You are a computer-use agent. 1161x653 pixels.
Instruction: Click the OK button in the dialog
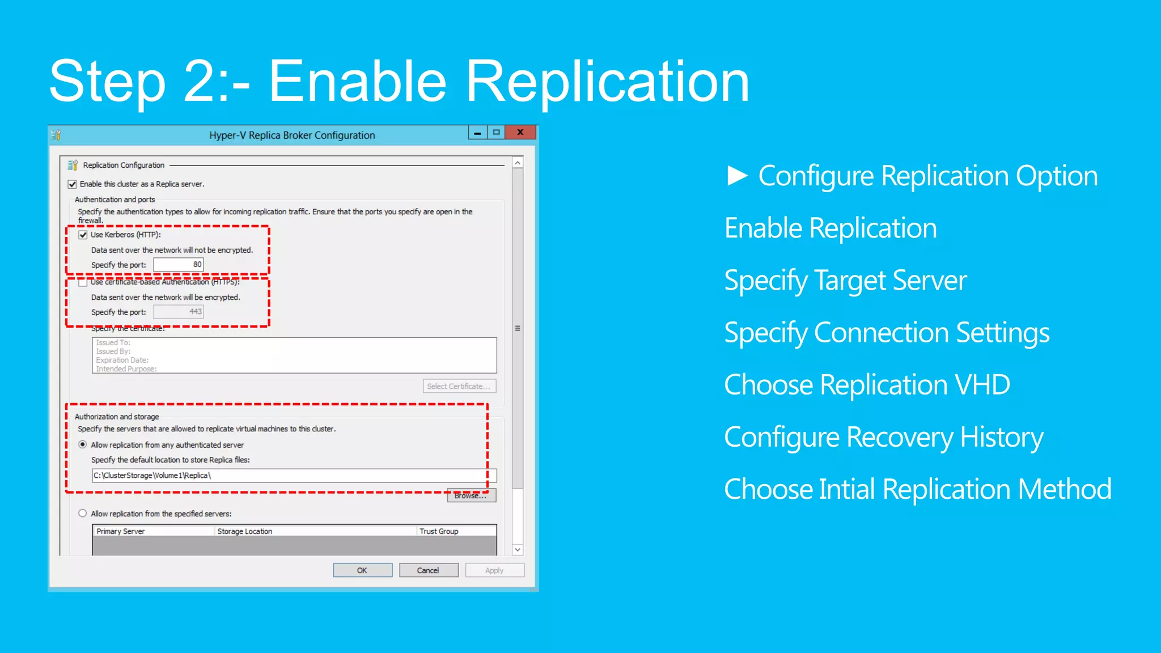coord(362,570)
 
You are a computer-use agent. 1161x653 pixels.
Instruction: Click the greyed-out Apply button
coord(494,570)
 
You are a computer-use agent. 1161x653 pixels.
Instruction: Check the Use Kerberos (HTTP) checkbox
coord(83,235)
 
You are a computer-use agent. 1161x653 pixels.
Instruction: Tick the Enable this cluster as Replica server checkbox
coord(73,184)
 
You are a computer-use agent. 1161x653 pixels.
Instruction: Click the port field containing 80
coord(178,265)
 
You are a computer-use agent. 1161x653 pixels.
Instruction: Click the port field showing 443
coord(178,312)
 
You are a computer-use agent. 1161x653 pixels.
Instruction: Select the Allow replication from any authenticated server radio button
coord(83,445)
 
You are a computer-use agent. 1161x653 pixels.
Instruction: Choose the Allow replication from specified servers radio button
coord(83,514)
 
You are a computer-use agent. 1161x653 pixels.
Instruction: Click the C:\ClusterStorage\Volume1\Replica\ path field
coord(294,476)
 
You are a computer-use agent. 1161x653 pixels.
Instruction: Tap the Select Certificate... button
coord(459,386)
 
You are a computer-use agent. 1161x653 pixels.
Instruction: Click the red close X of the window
coord(520,133)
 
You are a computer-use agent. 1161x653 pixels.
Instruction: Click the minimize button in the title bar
coord(478,133)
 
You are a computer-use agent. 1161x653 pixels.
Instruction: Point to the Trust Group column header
coord(439,531)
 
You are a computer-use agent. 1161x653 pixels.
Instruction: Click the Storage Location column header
coord(245,531)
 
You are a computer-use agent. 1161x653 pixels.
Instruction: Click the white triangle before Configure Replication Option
coord(737,176)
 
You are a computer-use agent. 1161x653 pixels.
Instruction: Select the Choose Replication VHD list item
coord(867,385)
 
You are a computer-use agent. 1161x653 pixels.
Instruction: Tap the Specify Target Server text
coord(845,281)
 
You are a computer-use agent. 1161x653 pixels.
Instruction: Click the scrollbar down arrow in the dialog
coord(518,550)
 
